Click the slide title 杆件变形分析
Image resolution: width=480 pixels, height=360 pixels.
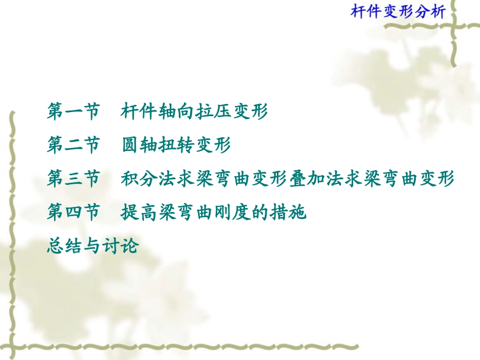coord(398,12)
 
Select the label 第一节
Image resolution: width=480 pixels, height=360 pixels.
coord(73,112)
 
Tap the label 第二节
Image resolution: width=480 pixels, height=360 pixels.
coord(73,145)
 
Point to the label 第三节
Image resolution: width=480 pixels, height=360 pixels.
coord(73,179)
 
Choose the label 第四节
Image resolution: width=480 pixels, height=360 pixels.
coord(73,213)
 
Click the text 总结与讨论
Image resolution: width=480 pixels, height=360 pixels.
coord(92,246)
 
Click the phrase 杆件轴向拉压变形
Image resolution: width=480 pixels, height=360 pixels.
coord(194,112)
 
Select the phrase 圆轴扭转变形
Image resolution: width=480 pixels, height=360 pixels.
coord(176,145)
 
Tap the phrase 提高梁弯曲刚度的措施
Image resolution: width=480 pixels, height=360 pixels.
coord(213,213)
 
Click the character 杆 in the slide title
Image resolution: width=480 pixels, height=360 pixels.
coord(358,12)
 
